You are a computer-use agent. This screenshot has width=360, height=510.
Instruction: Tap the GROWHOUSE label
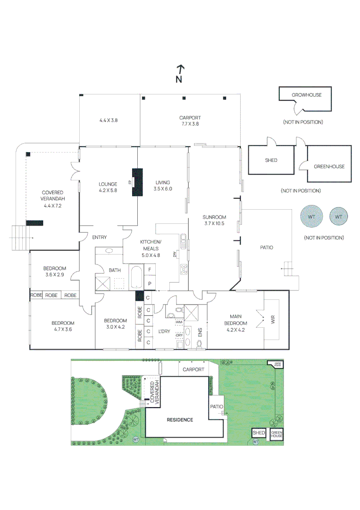tap(306, 95)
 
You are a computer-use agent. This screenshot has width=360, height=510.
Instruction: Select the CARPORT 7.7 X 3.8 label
tap(190, 121)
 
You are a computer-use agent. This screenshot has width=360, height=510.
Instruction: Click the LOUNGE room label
tap(108, 187)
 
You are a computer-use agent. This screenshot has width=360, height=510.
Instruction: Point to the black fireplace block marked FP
tap(137, 182)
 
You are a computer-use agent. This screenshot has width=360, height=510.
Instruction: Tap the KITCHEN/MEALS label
tap(151, 245)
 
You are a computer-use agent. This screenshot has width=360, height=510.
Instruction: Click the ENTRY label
tap(99, 238)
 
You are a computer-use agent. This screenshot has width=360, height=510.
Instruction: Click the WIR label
tap(272, 320)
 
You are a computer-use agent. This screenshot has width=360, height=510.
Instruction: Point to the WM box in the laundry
tap(179, 322)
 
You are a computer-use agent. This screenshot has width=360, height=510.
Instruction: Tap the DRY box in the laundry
tap(179, 335)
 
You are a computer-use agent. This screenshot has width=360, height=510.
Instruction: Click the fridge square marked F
tap(150, 269)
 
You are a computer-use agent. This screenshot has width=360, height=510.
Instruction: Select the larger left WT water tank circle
tap(312, 217)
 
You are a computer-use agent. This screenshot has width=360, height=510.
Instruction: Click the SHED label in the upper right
tap(271, 161)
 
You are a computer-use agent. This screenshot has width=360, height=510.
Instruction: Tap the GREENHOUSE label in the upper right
tap(329, 166)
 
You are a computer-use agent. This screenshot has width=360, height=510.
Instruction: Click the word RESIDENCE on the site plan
tap(180, 420)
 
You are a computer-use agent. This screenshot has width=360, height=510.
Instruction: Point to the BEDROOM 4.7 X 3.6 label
tap(63, 326)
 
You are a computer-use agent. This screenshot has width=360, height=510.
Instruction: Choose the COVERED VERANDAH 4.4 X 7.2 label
tap(52, 199)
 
